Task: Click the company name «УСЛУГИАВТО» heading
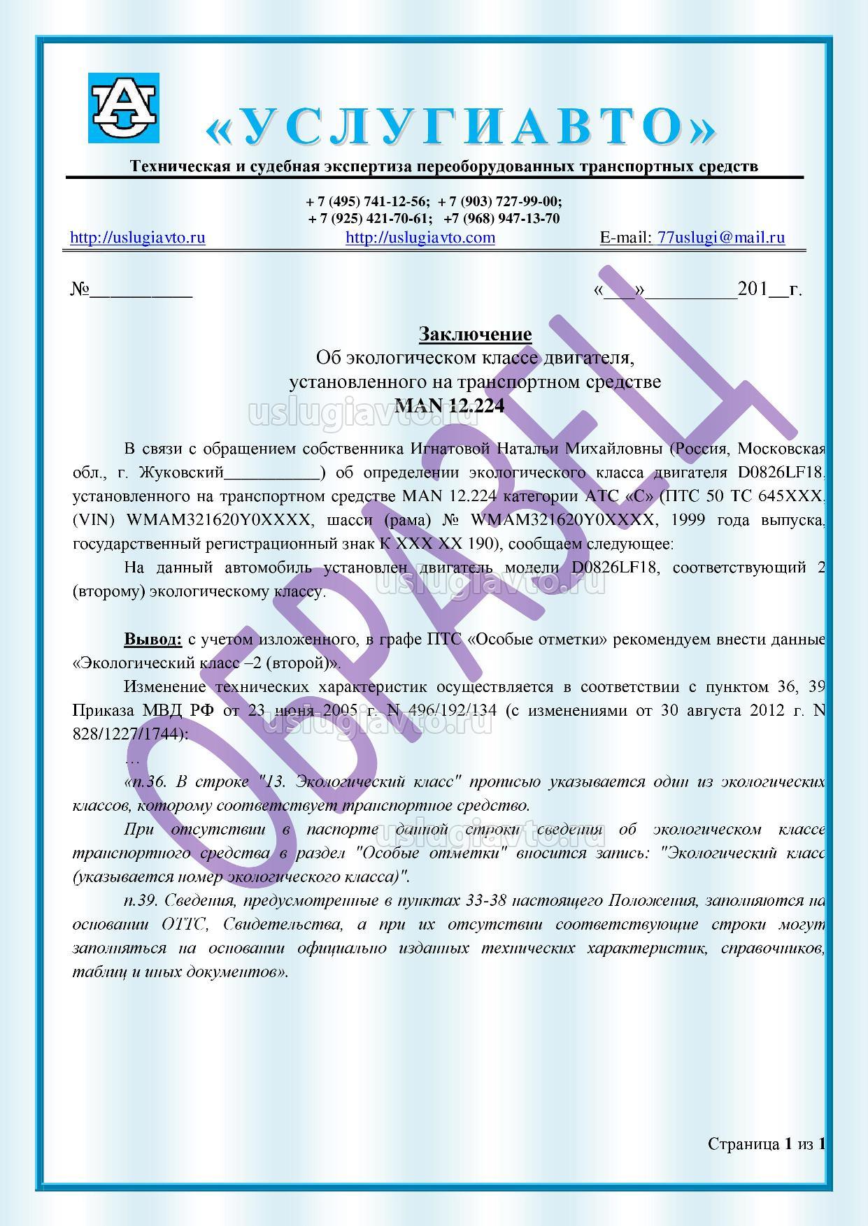[462, 127]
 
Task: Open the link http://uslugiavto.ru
[138, 238]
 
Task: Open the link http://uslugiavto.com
[420, 238]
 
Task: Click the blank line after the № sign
[140, 291]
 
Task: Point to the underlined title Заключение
[475, 335]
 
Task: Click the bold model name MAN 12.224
[450, 405]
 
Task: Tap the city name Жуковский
[181, 473]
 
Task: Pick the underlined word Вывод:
[153, 639]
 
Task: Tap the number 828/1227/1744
[130, 735]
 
